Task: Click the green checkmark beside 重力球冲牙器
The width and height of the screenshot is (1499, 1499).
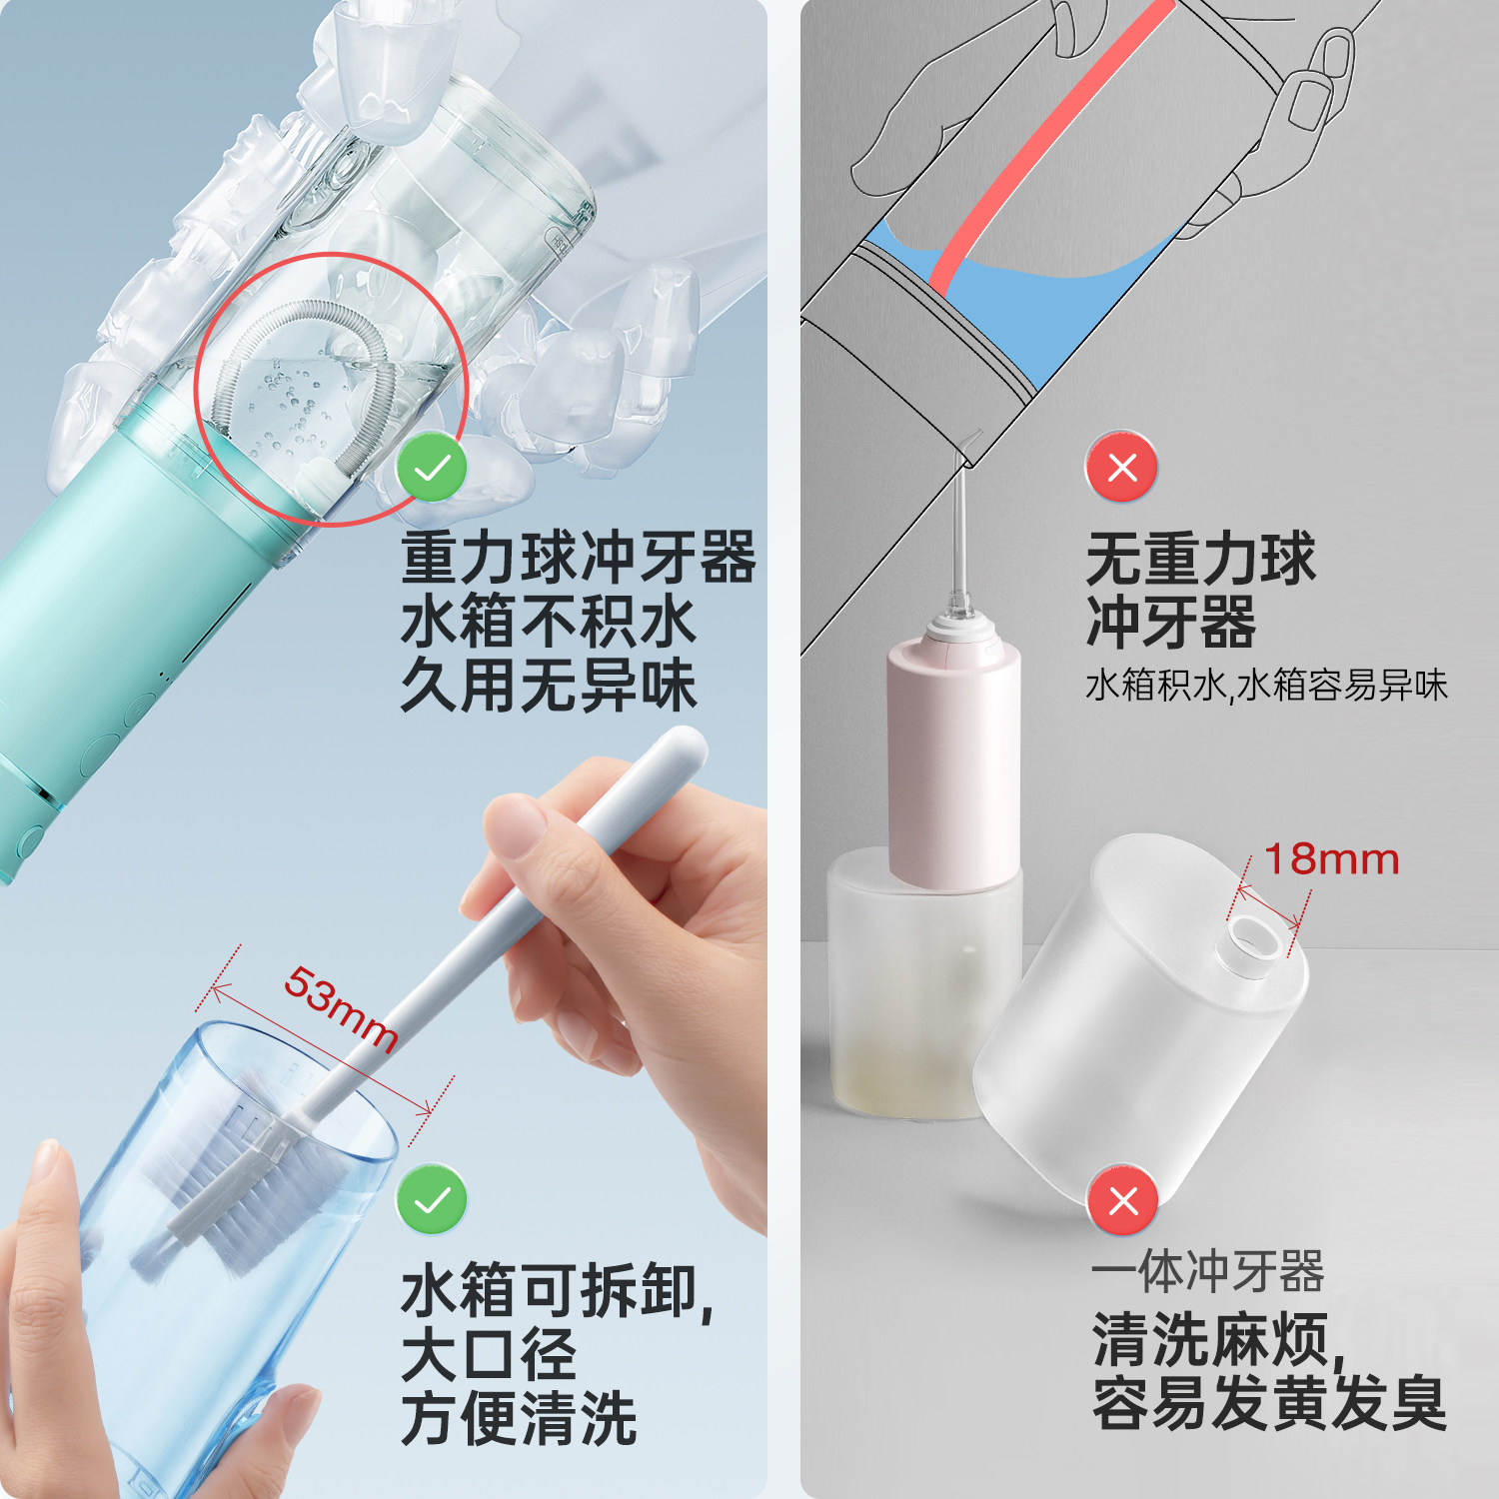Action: (x=432, y=468)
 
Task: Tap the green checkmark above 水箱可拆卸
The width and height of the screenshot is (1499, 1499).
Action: (x=432, y=1199)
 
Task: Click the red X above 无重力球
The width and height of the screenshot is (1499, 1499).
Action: (x=1122, y=467)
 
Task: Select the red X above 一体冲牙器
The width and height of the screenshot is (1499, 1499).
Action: (x=1122, y=1199)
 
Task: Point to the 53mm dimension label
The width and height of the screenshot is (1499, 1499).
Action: (x=341, y=1008)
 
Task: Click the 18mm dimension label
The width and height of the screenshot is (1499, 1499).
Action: (x=1331, y=859)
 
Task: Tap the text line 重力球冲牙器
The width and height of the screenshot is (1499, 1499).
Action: (x=578, y=558)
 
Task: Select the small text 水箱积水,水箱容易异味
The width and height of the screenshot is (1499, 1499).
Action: (x=1266, y=686)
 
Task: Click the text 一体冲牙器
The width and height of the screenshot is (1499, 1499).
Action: (x=1207, y=1272)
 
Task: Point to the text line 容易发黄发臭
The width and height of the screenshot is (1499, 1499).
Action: (x=1269, y=1403)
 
